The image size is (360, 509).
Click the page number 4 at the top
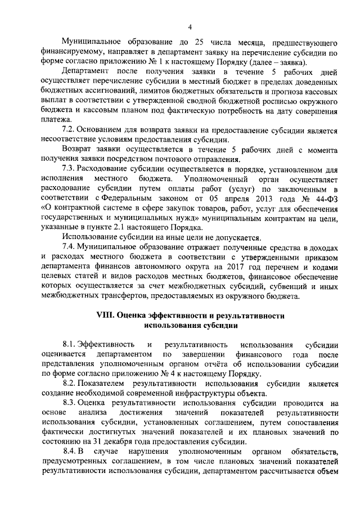pos(190,27)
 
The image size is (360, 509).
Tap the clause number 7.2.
pos(69,130)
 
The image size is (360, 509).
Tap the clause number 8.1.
pos(69,344)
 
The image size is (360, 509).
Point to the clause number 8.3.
pos(69,403)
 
